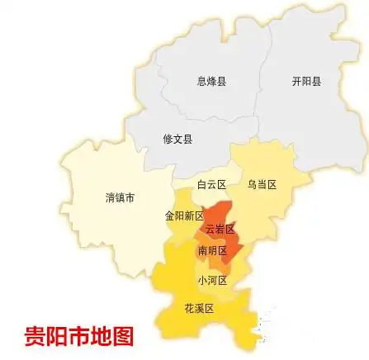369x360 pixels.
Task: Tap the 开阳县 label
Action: pos(306,81)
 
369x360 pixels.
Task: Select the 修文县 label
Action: pos(177,140)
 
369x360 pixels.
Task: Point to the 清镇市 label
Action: pos(120,197)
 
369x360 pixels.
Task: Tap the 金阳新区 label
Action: pos(183,216)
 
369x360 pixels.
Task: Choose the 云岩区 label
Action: pos(220,228)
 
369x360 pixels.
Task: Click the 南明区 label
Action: pos(211,249)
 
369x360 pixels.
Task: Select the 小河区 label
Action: pos(211,281)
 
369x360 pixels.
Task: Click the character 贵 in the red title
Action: pos(34,337)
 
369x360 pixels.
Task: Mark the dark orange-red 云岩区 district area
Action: pos(228,239)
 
